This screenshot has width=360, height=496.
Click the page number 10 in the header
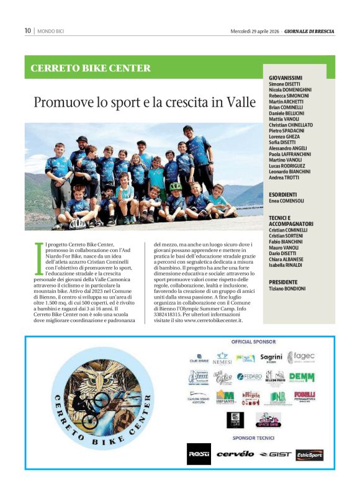(27, 30)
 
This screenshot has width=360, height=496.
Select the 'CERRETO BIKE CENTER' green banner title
(91, 68)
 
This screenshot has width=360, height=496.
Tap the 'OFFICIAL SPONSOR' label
(253, 342)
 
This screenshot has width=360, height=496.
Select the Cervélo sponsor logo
(235, 454)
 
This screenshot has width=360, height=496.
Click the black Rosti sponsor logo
(199, 454)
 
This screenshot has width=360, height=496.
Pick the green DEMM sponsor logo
(302, 377)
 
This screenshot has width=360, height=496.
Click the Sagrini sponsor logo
(271, 358)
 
